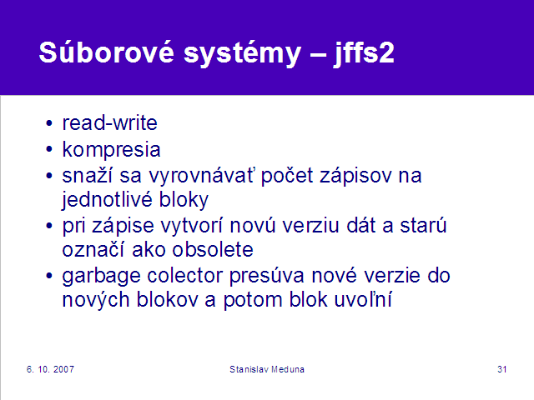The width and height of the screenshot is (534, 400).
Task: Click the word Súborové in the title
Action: coord(107,52)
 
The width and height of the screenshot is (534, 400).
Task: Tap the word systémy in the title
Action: coord(243,54)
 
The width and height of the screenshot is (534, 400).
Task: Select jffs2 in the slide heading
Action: coord(364,53)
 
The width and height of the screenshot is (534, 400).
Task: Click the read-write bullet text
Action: coord(109,122)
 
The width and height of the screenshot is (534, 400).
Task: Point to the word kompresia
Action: coord(111,150)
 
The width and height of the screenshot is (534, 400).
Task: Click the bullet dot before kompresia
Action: coord(49,149)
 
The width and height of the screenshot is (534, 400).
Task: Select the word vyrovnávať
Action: coord(201,176)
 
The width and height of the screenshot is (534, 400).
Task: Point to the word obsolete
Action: coord(213,250)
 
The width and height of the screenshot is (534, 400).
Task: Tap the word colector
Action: coord(185,276)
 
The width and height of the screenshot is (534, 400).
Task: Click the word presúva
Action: coord(267,276)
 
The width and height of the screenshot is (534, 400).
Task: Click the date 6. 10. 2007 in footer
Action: coord(50,369)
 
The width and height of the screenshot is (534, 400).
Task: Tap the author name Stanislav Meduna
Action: coord(267,369)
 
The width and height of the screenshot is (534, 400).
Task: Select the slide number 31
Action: coord(502,369)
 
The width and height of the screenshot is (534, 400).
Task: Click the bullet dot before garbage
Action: coord(49,276)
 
